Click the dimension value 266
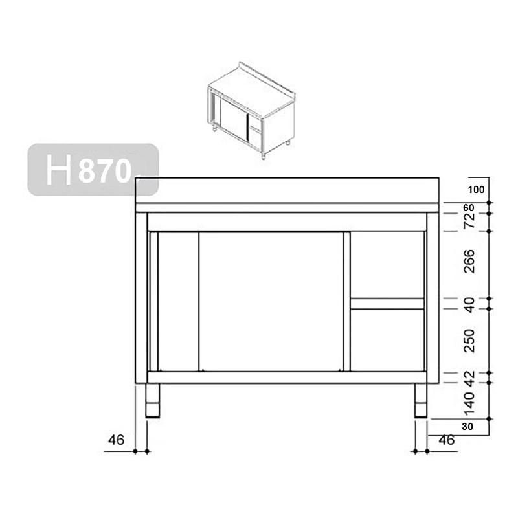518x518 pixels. tap(469, 262)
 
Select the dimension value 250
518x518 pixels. tap(469, 341)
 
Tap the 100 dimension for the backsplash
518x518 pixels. tap(476, 190)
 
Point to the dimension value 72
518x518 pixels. tap(469, 220)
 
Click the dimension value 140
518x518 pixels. tap(469, 403)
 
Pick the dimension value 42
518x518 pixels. tap(469, 377)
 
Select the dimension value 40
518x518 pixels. tap(469, 304)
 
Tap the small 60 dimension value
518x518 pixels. tap(468, 207)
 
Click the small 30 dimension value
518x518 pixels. tap(467, 427)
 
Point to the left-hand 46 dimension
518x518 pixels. tap(117, 440)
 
